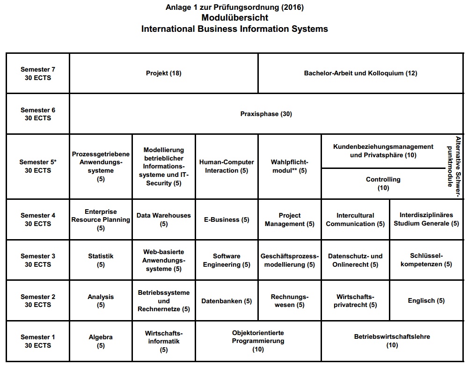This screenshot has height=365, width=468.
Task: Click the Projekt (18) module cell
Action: coord(163,73)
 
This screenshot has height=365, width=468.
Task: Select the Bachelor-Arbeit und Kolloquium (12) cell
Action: coord(360,73)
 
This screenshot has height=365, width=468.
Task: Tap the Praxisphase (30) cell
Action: coord(266,114)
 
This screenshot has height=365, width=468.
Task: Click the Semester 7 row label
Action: coord(38,73)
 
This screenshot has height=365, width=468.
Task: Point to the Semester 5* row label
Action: coord(38,166)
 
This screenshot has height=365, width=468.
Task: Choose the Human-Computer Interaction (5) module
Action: coord(227,166)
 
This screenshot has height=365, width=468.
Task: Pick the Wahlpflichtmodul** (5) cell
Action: coord(289,166)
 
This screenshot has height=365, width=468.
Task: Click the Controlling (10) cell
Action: coord(383,183)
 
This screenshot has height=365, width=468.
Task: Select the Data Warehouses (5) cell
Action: coord(164,219)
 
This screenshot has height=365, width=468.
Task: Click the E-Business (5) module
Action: coord(227,219)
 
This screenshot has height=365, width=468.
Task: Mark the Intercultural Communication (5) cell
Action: coord(355,219)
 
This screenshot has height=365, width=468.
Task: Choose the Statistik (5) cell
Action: coord(101,260)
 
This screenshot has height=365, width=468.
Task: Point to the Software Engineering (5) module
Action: coord(227,260)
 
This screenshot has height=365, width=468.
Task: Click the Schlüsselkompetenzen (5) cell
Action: coord(426,260)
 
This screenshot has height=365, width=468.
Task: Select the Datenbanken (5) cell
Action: coord(227,301)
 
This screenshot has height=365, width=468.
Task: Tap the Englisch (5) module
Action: coord(426,301)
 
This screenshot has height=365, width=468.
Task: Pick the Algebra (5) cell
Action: coord(101,341)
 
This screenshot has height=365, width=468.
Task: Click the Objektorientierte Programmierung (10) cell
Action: coord(258,341)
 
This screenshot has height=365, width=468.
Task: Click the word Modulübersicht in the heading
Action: coord(234,18)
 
